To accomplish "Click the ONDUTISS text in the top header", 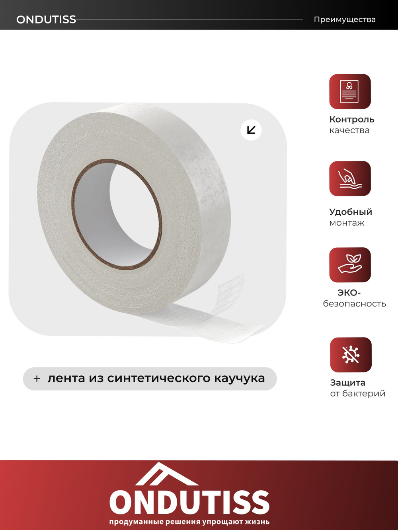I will pos(46,19).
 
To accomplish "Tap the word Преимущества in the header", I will pos(345,19).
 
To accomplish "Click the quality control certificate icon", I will pos(350,91).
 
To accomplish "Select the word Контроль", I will pos(352,119).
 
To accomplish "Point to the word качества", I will pos(349,130).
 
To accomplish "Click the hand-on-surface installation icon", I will pos(350,179).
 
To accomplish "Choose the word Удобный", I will pos(351,212).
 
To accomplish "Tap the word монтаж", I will pos(347,223).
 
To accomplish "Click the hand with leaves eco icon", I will pos(350,265).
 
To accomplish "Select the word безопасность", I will pos(354,304).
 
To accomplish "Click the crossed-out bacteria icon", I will pos(351,355).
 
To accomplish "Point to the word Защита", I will pos(347,382).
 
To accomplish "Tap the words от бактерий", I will pos(357,394).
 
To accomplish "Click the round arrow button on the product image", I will pos(251,130).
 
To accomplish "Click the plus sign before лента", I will pos(37,379).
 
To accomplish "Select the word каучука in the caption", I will pos(239,379).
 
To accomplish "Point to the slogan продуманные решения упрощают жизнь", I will pos(189,522).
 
